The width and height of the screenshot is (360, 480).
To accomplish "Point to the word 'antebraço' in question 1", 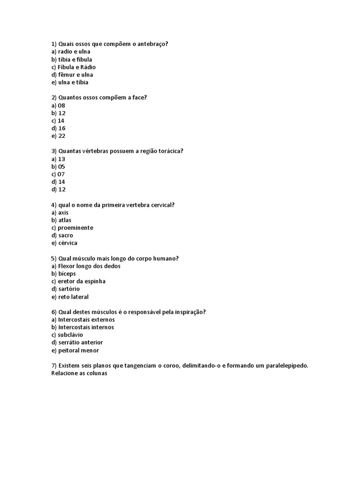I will tap(151, 44).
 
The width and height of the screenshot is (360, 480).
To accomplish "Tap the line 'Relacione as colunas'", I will tap(79, 373).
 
